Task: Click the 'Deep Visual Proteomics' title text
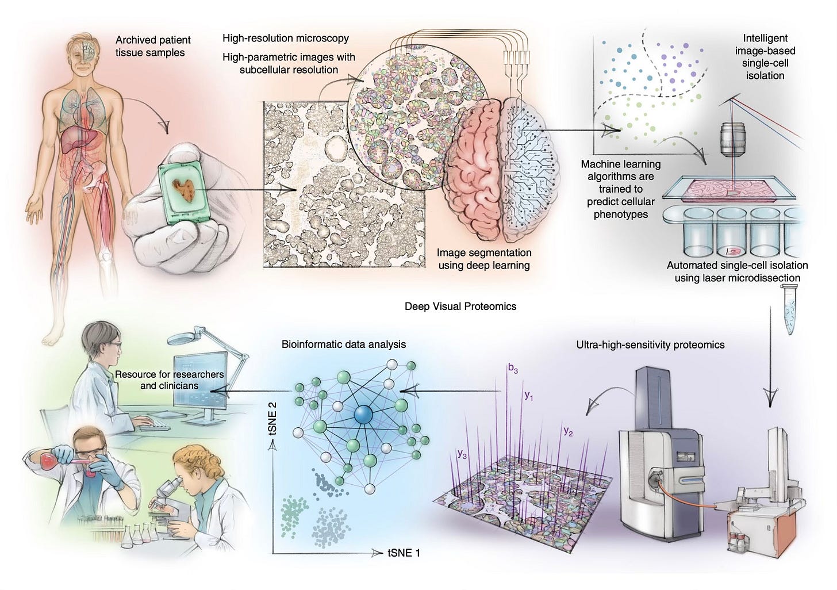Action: pos(460,306)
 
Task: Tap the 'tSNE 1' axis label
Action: pos(404,553)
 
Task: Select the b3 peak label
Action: pos(513,369)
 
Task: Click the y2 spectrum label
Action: pos(568,431)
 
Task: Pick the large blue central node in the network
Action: pos(363,414)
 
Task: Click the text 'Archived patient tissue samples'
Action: pos(153,46)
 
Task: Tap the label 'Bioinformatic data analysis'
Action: pos(343,344)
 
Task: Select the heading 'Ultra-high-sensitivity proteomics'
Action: pos(650,345)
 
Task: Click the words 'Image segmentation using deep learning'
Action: pos(483,259)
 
